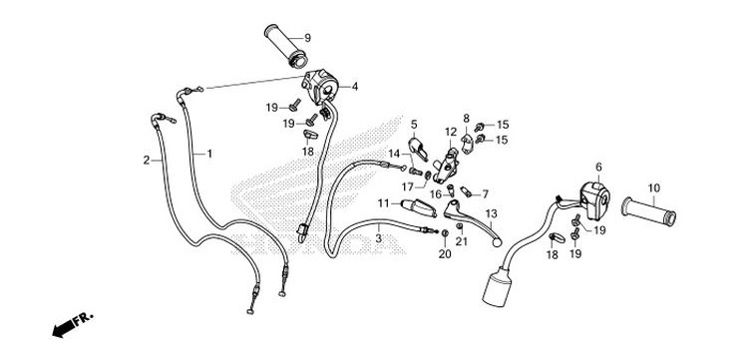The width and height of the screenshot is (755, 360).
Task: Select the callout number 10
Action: (x=682, y=187)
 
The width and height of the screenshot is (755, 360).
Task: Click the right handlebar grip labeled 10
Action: (x=648, y=210)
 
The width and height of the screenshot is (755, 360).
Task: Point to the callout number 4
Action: (x=354, y=86)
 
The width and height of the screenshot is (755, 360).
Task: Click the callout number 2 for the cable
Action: (x=147, y=160)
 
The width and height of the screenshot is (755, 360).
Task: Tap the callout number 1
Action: (x=209, y=154)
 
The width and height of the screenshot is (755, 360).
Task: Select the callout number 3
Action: (x=379, y=239)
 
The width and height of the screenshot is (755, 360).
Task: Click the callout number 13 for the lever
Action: (x=490, y=214)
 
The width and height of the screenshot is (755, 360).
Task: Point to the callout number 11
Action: (x=382, y=202)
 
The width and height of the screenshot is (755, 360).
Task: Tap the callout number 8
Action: (x=465, y=119)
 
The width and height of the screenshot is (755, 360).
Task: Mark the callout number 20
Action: (x=444, y=254)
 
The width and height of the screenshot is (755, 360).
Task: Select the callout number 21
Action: (x=461, y=242)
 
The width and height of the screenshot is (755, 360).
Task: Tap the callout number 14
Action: (x=394, y=154)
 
